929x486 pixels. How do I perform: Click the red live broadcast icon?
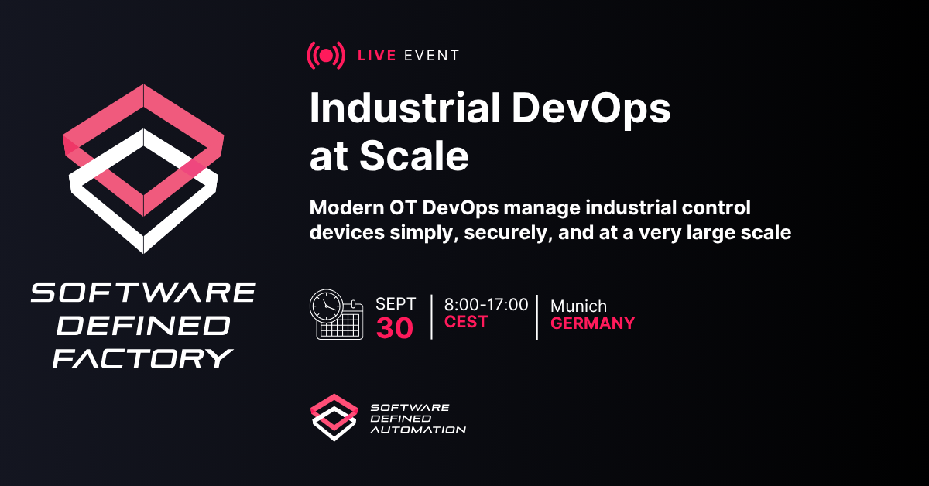(326, 56)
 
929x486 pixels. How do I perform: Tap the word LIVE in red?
(377, 56)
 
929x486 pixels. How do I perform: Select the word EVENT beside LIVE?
(432, 56)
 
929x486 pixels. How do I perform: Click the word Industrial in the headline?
(405, 108)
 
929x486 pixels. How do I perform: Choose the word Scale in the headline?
(414, 156)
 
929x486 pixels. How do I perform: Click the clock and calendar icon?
(336, 315)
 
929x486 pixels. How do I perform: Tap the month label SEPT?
(396, 304)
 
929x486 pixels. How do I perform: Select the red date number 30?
(395, 328)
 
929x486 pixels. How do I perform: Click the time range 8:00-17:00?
(486, 305)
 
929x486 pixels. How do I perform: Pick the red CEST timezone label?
(466, 322)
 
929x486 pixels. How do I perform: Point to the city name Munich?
(578, 306)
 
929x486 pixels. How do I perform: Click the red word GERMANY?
(593, 323)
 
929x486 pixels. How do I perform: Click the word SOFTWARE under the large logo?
(143, 293)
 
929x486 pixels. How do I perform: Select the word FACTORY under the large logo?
(143, 358)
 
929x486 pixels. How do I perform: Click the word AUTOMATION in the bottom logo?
(418, 430)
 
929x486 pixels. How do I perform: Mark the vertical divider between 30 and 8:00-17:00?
(432, 317)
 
